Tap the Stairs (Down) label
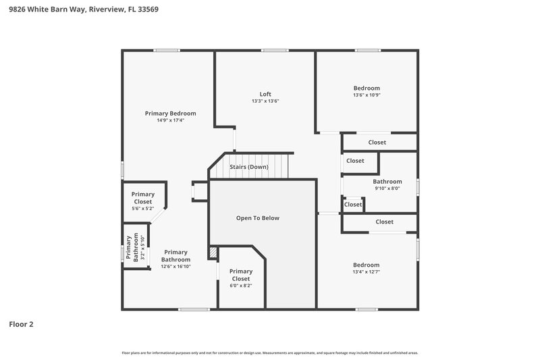tap(249, 167)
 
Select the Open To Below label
tap(257, 218)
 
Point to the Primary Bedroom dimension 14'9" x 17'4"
tap(170, 120)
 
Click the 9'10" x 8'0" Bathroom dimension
tap(387, 188)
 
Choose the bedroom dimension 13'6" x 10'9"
tap(367, 95)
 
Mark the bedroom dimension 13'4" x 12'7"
tap(367, 272)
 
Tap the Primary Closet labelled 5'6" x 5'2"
tap(142, 201)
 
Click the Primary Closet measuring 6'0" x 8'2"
tap(240, 278)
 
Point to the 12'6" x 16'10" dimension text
tap(175, 267)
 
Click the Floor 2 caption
tap(21, 324)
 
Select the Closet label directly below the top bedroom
tap(377, 143)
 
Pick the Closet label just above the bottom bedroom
tap(384, 222)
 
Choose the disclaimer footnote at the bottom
tap(269, 353)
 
